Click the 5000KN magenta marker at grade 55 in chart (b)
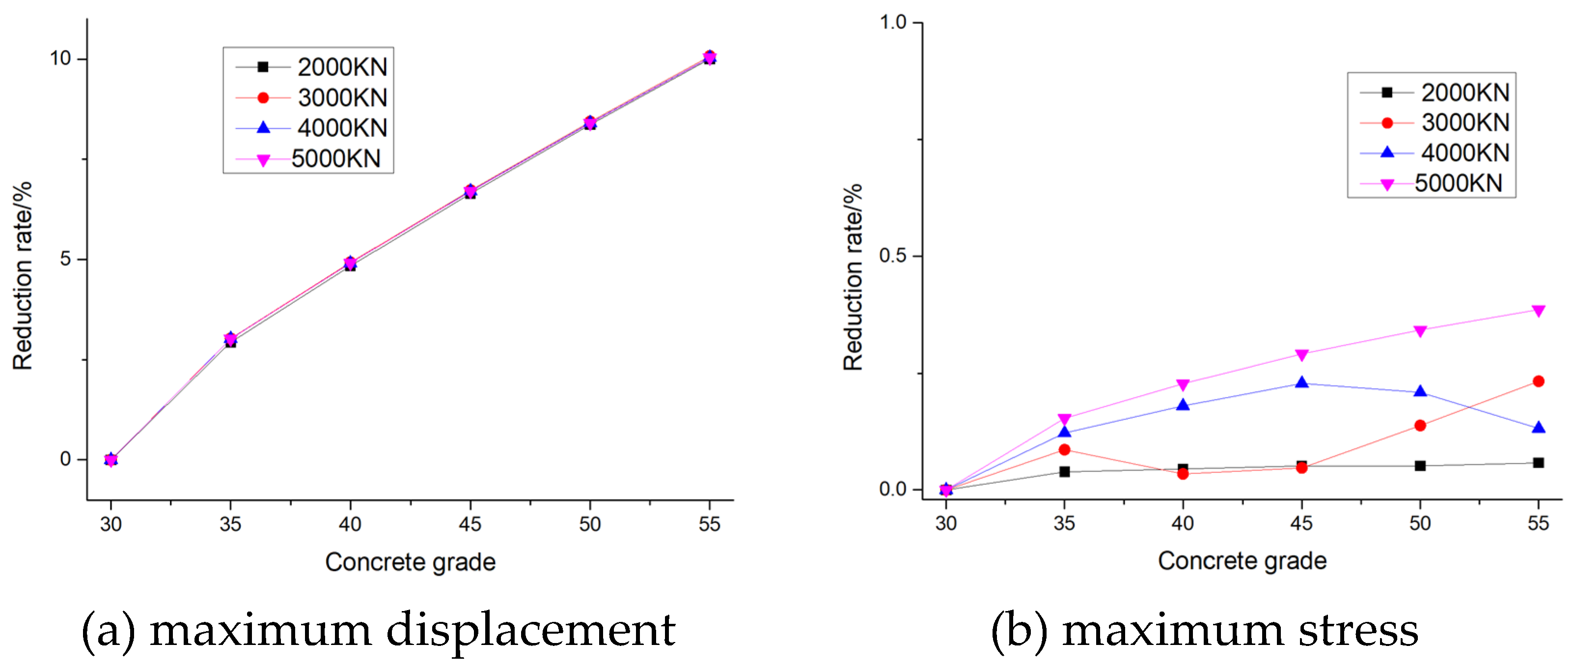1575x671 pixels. tap(1538, 311)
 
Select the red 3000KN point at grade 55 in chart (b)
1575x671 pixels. tap(1538, 382)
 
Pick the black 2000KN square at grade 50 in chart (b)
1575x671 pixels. tap(1420, 466)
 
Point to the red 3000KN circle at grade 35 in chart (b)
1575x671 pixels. tap(1064, 450)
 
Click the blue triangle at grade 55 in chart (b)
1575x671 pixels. tap(1538, 427)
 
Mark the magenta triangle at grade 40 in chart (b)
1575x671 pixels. tap(1183, 385)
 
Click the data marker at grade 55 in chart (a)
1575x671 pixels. tap(709, 57)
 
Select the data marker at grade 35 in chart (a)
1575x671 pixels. tap(230, 339)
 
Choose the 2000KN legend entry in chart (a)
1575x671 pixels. tap(311, 67)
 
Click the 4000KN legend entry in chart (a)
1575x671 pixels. tap(311, 128)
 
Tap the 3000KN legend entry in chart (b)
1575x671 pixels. tap(1435, 123)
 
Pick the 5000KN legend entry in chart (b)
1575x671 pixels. tap(1431, 184)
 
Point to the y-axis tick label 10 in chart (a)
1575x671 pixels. tap(60, 59)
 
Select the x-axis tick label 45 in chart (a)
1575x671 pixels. tap(470, 524)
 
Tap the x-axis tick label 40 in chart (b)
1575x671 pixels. tap(1183, 524)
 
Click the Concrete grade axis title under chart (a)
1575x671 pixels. tap(410, 562)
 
